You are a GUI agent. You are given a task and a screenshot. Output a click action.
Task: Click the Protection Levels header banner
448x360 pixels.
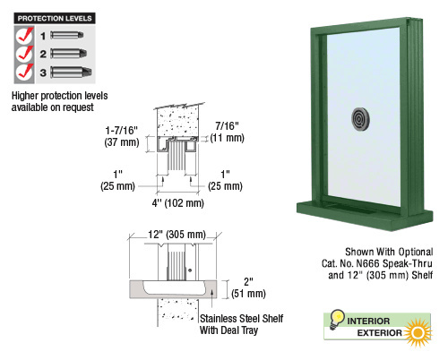click(55, 18)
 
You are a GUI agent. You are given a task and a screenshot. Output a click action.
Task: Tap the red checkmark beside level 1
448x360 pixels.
click(25, 35)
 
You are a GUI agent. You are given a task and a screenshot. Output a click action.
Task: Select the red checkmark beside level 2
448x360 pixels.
click(25, 54)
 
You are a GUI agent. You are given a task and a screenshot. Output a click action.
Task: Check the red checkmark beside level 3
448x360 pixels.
click(25, 72)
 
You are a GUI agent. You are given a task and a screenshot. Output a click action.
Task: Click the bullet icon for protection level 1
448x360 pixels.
click(67, 35)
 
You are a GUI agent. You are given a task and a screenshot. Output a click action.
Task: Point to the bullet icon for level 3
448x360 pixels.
click(71, 73)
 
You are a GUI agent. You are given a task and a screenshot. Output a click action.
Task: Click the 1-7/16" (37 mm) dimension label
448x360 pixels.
click(122, 136)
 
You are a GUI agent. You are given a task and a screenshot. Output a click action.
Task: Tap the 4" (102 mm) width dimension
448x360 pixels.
click(178, 203)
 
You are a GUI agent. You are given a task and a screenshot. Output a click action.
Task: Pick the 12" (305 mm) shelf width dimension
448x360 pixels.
click(177, 235)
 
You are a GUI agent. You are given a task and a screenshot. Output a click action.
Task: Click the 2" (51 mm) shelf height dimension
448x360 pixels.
click(248, 287)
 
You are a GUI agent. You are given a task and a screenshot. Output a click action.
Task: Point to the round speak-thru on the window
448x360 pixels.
click(360, 119)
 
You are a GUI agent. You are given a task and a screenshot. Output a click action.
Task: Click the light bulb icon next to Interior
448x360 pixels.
click(337, 319)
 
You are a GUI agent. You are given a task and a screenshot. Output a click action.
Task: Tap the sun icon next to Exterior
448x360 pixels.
click(418, 332)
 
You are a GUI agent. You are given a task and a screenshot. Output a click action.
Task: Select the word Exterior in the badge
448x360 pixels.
click(379, 333)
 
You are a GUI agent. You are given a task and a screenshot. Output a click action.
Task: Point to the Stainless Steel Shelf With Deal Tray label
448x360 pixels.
click(241, 324)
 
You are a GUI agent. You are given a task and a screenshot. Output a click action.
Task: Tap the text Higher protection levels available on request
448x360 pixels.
click(59, 101)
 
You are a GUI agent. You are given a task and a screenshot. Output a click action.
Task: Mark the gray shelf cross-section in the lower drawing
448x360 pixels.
click(173, 289)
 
